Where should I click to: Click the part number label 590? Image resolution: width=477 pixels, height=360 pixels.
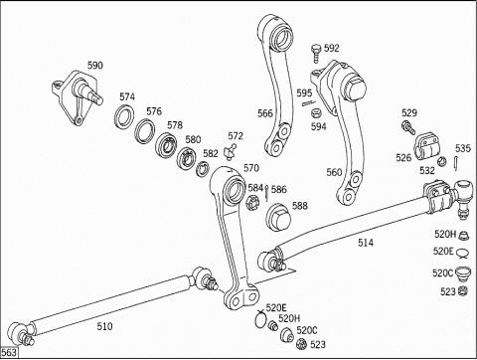pyautogui.click(x=95, y=66)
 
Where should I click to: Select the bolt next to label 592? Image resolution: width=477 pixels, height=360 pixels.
pyautogui.click(x=316, y=54)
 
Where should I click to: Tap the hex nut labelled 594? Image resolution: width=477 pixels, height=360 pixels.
pyautogui.click(x=315, y=113)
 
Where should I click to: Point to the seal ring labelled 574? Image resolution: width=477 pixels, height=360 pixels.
pyautogui.click(x=124, y=116)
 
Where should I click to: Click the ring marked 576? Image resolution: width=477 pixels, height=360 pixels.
pyautogui.click(x=145, y=131)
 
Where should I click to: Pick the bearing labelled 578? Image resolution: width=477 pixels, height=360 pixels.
pyautogui.click(x=166, y=144)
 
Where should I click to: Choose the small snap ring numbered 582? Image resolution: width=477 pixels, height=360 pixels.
pyautogui.click(x=202, y=168)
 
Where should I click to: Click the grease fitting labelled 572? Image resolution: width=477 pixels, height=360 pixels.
pyautogui.click(x=231, y=151)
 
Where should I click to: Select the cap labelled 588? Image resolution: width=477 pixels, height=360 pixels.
pyautogui.click(x=278, y=217)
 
